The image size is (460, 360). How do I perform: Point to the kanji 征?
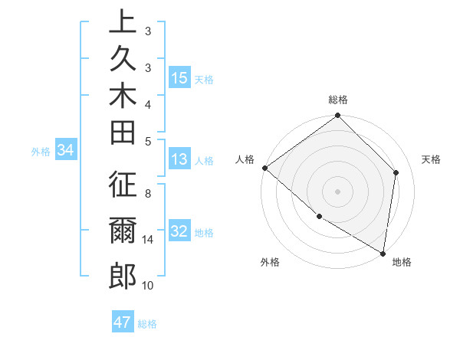[x=123, y=185]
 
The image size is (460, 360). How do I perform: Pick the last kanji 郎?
[x=123, y=275]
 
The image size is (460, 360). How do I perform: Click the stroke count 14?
[x=148, y=239]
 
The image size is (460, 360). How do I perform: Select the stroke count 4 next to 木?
[x=148, y=103]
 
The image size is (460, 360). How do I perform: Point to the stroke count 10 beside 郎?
[x=148, y=285]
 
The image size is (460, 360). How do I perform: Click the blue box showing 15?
[x=179, y=78]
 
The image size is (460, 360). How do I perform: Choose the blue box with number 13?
[x=179, y=160]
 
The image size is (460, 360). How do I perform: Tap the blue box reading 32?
[x=179, y=232]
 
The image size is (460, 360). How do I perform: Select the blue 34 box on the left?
[x=65, y=151]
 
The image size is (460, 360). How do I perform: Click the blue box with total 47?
[x=123, y=322]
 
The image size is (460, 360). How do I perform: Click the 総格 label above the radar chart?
[x=338, y=100]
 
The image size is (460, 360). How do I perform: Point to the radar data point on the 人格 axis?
[x=264, y=168]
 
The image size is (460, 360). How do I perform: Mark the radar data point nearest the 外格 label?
[x=319, y=217]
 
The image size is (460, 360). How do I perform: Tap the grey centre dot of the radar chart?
[x=338, y=191]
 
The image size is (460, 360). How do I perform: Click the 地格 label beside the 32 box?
[x=204, y=233]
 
